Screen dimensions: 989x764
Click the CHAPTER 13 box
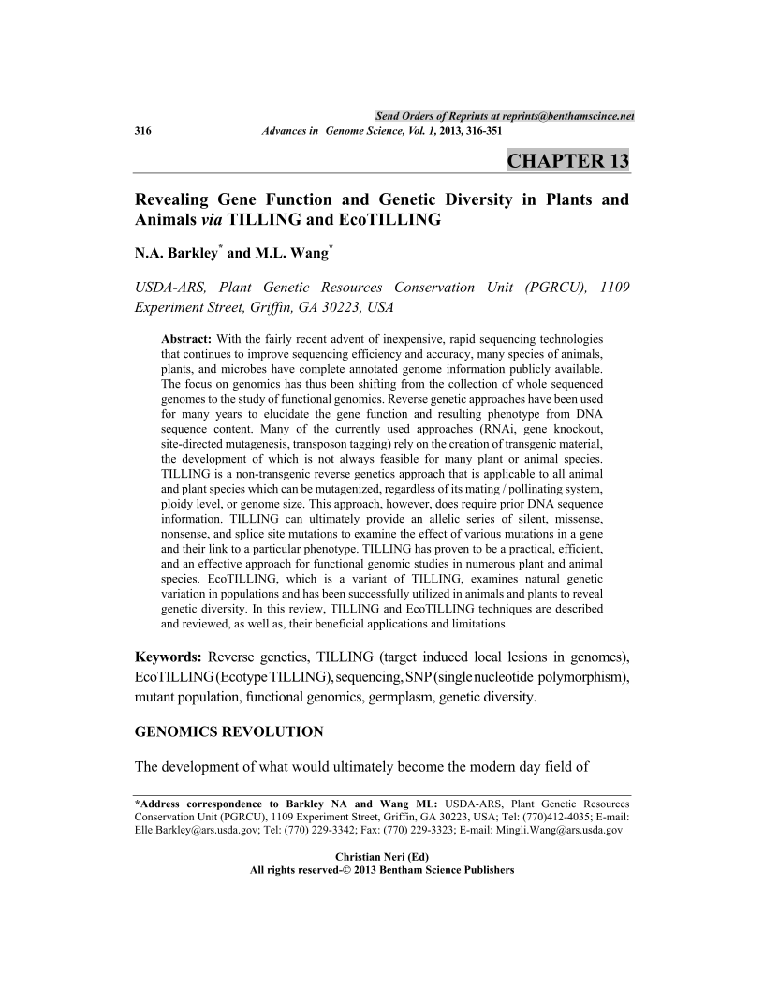point(567,160)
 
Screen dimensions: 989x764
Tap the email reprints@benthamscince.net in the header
point(548,115)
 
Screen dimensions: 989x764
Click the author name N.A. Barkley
point(177,253)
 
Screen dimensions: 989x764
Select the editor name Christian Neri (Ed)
point(382,856)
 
